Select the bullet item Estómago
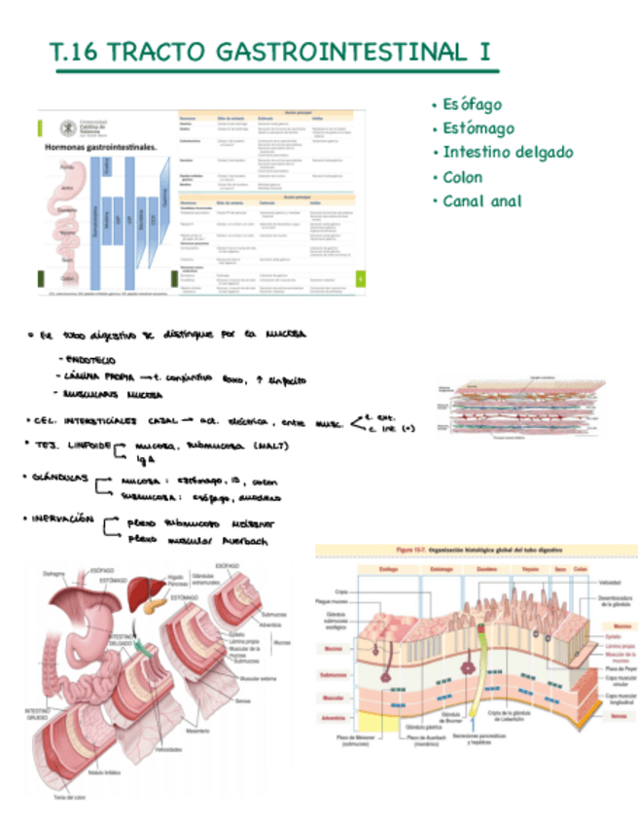[478, 128]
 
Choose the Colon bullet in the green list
[462, 177]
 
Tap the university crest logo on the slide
[68, 126]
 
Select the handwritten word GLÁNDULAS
[60, 478]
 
